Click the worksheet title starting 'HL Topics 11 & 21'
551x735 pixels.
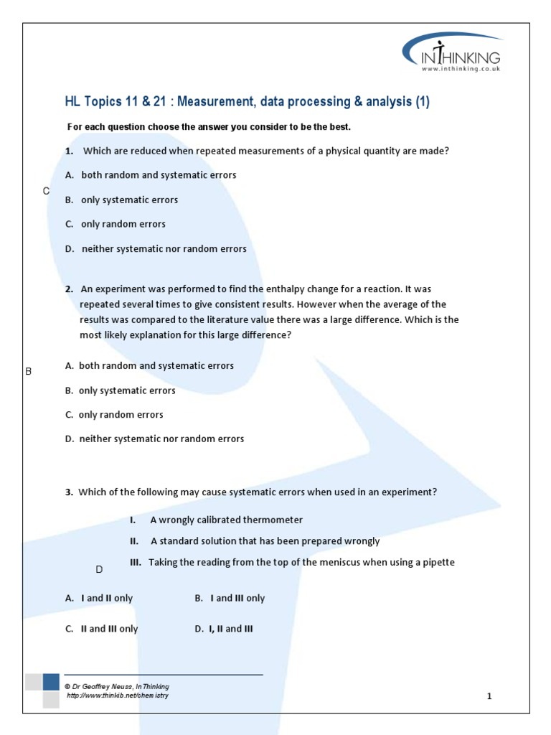[x=247, y=102]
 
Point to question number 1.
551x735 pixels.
[x=69, y=151]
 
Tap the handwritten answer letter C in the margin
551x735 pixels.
[x=46, y=190]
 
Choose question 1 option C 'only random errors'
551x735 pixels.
[x=116, y=224]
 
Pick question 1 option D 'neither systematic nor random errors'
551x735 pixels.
[x=156, y=249]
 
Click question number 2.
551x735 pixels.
[x=69, y=289]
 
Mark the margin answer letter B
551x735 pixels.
[x=29, y=371]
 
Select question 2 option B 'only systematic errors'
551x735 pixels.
[x=121, y=390]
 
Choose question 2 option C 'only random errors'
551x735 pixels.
[x=114, y=415]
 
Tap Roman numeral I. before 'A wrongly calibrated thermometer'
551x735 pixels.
[x=133, y=520]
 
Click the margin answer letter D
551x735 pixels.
[x=100, y=569]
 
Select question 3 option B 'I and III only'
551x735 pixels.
[x=230, y=598]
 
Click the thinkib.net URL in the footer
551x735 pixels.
[x=118, y=696]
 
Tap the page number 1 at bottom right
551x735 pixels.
[x=489, y=696]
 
